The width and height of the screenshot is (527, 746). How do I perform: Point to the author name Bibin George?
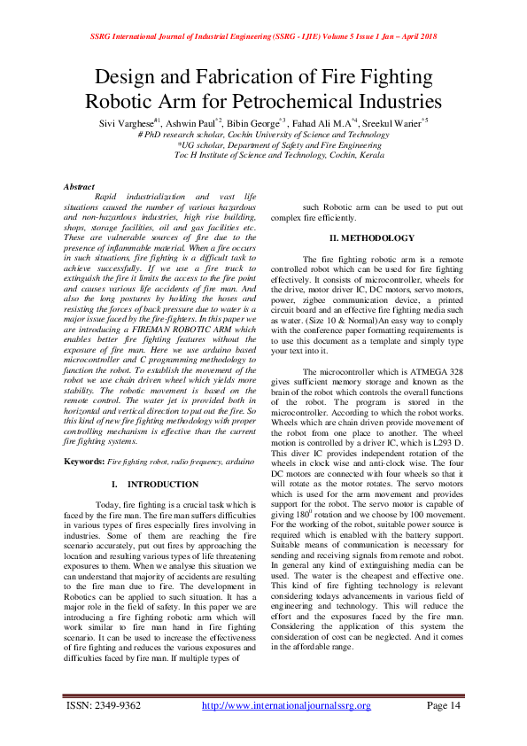(x=253, y=120)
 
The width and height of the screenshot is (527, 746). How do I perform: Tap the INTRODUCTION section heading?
(x=163, y=485)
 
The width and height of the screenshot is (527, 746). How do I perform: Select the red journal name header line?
(x=263, y=37)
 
